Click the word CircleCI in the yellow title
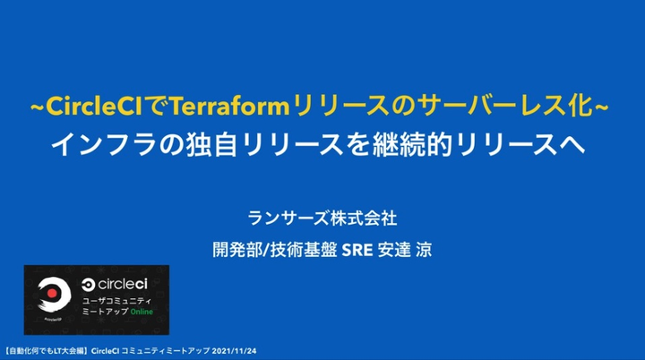(94, 107)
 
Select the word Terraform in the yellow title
(229, 107)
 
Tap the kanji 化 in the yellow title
(580, 106)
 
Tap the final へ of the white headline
(572, 145)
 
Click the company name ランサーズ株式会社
(322, 218)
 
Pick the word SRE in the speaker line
(357, 250)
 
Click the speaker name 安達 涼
(405, 250)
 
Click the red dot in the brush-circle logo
(52, 293)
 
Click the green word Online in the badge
(142, 312)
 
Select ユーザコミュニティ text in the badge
(116, 301)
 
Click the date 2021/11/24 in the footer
(234, 351)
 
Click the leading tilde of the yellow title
(37, 107)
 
